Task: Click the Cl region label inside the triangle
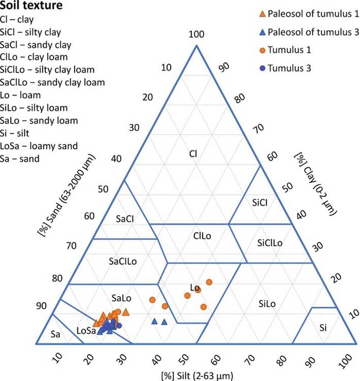[x=193, y=153]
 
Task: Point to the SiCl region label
[x=263, y=202]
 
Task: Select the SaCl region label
[x=121, y=219]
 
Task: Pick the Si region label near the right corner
[x=323, y=329]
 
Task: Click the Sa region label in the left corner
[x=57, y=335]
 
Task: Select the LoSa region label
[x=87, y=331]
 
